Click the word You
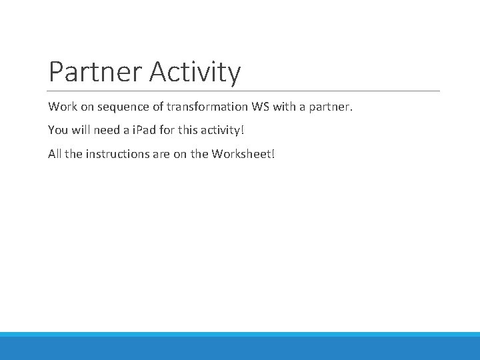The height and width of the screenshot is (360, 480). point(58,130)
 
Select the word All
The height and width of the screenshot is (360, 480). point(55,153)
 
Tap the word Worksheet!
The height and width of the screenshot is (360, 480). point(243,153)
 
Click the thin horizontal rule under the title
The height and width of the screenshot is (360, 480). point(244,91)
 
